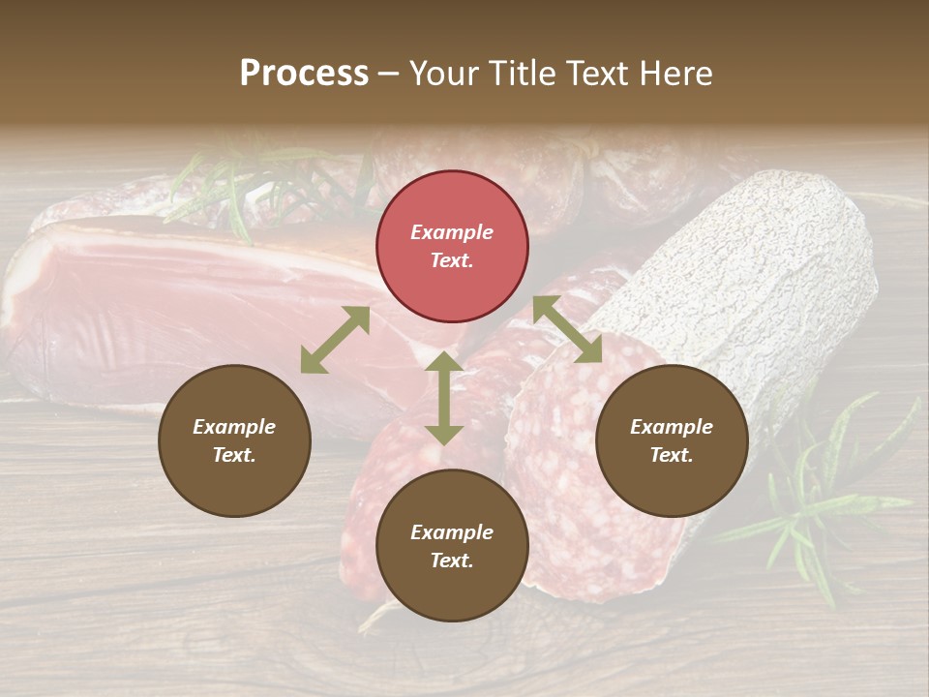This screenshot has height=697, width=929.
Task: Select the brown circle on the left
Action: (234, 440)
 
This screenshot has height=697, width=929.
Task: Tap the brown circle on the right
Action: (672, 440)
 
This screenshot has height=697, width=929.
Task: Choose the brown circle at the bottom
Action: (452, 546)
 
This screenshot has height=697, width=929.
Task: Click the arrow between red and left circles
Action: (335, 340)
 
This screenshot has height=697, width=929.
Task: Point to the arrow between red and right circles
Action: (568, 329)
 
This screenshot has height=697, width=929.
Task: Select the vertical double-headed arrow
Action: (444, 398)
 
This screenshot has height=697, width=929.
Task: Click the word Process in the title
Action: (304, 73)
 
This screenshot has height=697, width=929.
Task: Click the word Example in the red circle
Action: (452, 232)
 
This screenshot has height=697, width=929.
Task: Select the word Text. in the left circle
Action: (234, 455)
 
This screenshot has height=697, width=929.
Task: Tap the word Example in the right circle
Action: (672, 427)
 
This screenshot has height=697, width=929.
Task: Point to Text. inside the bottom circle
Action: (452, 561)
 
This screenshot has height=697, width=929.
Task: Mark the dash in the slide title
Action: (389, 74)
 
